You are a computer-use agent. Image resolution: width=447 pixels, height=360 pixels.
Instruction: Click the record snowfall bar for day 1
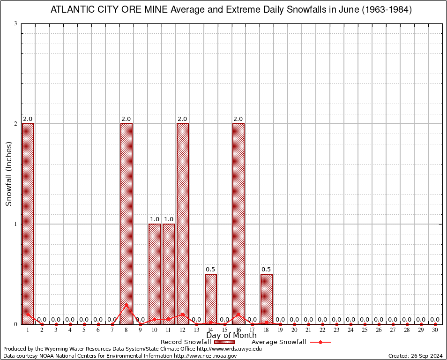click(28, 224)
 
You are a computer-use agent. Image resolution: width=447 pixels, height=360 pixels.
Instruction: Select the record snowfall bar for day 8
click(127, 224)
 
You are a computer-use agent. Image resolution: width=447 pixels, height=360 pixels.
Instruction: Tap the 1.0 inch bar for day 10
click(155, 274)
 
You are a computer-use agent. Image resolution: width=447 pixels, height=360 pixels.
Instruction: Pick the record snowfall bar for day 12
click(183, 224)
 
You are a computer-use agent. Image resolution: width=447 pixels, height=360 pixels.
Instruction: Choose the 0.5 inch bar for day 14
click(211, 299)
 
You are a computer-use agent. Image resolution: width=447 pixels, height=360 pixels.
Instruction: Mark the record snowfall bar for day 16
click(238, 224)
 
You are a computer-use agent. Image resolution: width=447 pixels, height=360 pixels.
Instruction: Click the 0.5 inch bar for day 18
click(267, 299)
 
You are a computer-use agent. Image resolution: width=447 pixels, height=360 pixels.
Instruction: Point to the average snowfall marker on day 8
click(127, 305)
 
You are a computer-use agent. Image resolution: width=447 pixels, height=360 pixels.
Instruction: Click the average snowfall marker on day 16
click(238, 314)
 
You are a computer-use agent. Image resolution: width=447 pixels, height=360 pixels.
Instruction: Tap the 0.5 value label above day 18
click(267, 270)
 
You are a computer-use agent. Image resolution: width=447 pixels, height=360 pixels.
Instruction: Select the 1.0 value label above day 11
click(169, 219)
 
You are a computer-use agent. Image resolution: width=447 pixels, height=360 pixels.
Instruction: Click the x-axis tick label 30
click(435, 330)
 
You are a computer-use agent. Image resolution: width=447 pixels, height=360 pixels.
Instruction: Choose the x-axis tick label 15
click(224, 330)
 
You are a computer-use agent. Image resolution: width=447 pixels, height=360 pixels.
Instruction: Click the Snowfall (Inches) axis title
click(8, 173)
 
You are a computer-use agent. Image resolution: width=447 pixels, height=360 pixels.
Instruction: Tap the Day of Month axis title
click(231, 336)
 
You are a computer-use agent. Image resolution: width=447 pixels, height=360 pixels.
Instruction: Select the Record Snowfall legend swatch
click(224, 342)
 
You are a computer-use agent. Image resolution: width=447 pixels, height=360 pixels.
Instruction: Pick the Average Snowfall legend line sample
click(320, 342)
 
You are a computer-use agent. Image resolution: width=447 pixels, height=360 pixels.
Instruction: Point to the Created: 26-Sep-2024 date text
click(416, 356)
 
